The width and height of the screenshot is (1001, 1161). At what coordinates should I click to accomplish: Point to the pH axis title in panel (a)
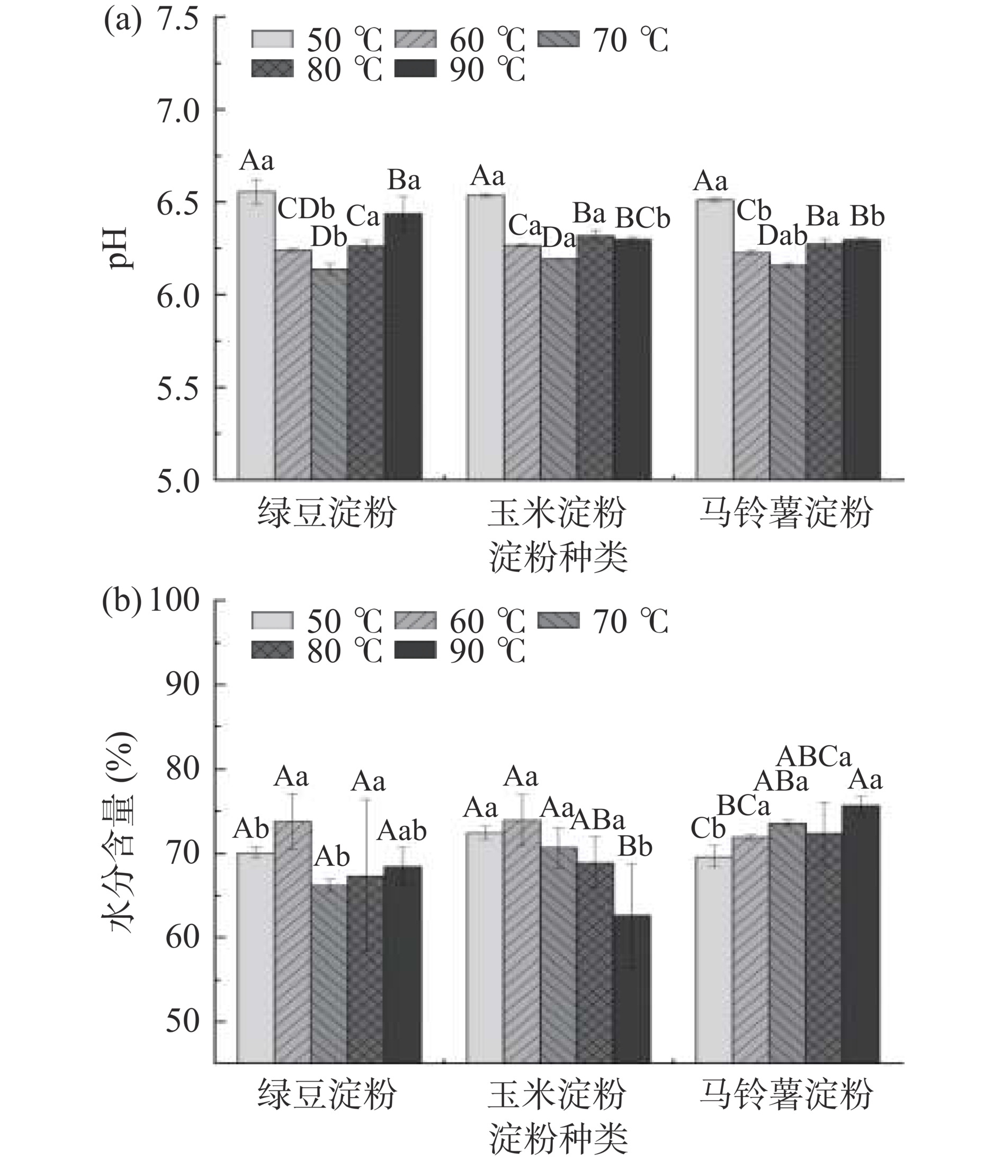118,248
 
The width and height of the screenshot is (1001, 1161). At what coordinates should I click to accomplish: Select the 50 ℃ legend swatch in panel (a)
272,39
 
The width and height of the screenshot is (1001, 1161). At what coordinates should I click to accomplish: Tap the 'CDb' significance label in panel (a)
306,210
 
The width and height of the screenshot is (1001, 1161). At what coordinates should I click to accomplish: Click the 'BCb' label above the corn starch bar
643,218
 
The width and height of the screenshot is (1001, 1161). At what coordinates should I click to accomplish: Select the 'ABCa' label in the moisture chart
814,756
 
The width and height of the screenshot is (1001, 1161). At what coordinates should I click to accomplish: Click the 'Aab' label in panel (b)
401,830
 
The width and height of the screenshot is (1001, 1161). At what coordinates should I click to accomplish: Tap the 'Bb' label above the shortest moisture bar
634,847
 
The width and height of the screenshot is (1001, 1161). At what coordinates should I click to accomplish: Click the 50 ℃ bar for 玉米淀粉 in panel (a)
486,337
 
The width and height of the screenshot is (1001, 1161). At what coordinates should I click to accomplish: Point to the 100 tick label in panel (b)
174,600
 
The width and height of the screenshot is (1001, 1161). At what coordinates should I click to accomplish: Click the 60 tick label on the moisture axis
183,936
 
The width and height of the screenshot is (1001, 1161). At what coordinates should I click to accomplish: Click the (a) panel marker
123,23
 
